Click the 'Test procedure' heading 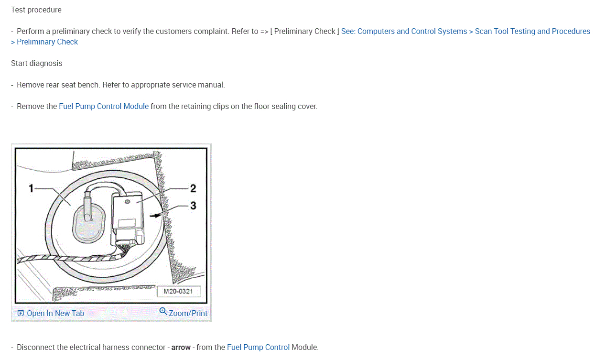pos(36,10)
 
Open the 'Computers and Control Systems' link pos(412,31)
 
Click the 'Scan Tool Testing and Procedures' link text pos(532,31)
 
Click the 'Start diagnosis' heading pos(37,63)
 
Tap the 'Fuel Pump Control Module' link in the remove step pos(104,106)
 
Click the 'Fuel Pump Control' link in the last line pos(258,347)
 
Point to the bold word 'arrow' pos(181,347)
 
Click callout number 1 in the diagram pos(31,188)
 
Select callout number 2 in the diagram pos(193,188)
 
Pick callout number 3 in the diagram pos(193,206)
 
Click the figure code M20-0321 pos(178,291)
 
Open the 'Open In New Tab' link pos(55,313)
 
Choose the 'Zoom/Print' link pos(188,313)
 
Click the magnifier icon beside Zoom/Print pos(163,312)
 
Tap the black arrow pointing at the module pos(154,216)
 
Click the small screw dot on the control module pos(127,202)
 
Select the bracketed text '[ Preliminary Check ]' pos(304,31)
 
